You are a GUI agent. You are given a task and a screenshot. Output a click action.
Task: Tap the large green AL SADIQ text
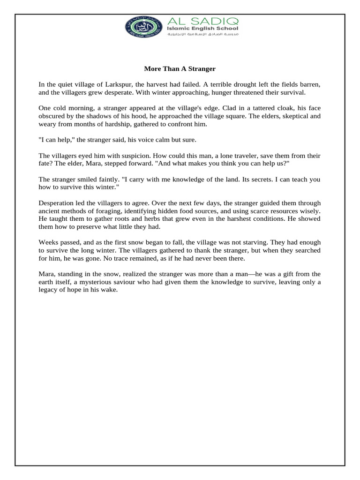202,21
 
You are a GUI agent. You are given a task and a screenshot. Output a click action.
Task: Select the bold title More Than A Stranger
180,69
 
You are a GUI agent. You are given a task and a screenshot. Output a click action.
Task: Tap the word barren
310,84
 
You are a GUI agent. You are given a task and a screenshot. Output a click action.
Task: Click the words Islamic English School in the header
203,29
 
